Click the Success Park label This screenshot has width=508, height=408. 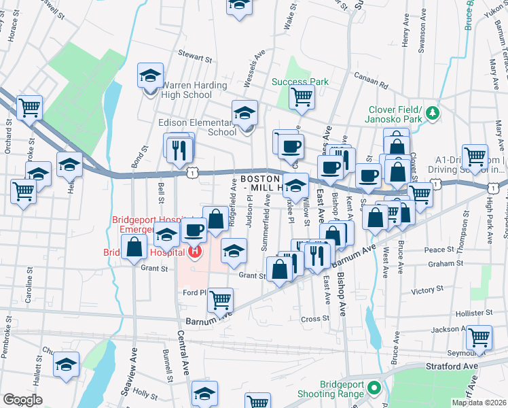pos(300,82)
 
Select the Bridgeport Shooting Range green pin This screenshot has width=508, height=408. pos(373,388)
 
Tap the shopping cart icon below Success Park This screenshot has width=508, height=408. pos(302,97)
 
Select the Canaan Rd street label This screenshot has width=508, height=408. pos(374,86)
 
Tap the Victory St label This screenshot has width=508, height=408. pos(427,290)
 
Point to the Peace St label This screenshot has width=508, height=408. pos(439,250)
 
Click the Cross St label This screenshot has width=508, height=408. pos(315,318)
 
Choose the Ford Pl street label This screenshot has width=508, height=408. pos(194,293)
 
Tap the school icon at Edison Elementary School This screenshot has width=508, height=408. pos(244,113)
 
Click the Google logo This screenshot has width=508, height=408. pos(22,399)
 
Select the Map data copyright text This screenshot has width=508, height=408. pos(479,403)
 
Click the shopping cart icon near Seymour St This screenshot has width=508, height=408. pos(479,337)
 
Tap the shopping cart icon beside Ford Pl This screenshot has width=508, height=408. pos(221,299)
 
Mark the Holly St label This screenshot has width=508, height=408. pos(145,392)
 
